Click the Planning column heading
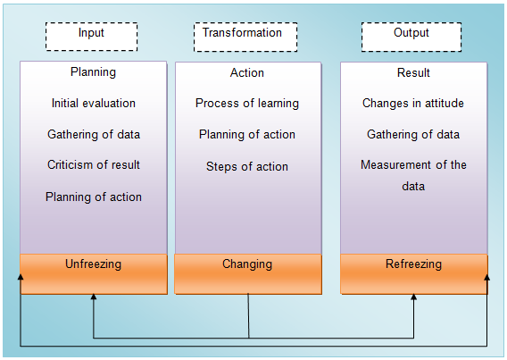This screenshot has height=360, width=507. tap(93, 72)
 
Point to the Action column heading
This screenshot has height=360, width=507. tap(247, 72)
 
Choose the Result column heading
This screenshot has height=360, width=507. tap(413, 72)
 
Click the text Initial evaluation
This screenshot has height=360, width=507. tap(94, 104)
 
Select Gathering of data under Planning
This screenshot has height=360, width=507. tap(94, 134)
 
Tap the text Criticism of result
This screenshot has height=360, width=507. tap(94, 164)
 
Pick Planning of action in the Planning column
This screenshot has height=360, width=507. tap(94, 197)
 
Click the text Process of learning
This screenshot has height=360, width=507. tap(247, 104)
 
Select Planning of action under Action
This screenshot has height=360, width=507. tap(247, 134)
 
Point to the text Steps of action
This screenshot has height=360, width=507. tap(247, 166)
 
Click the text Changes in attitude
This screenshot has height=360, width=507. tap(413, 104)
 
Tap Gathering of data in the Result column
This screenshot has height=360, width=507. tap(413, 134)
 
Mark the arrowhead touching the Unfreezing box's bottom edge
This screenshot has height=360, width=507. tap(94, 297)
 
